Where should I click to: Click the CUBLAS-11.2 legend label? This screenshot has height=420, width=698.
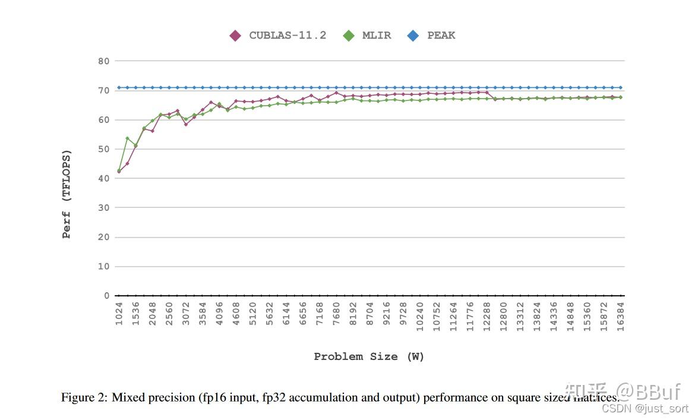click(288, 36)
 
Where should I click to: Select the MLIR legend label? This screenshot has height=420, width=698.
click(377, 36)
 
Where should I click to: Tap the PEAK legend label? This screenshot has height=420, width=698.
click(441, 36)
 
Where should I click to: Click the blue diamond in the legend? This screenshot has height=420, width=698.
click(413, 36)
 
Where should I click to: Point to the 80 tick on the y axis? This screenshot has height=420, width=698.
click(103, 61)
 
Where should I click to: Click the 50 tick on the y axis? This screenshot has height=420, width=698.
click(103, 149)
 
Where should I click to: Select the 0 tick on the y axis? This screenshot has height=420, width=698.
click(106, 296)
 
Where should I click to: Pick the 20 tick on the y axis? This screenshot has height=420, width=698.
click(103, 237)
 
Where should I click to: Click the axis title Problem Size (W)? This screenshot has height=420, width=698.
click(369, 357)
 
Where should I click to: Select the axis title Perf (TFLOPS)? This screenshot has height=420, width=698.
click(67, 194)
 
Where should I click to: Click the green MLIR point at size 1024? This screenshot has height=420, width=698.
click(119, 170)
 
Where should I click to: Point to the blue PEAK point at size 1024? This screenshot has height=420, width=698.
click(119, 87)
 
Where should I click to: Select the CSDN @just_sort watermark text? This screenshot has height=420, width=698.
click(645, 409)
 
